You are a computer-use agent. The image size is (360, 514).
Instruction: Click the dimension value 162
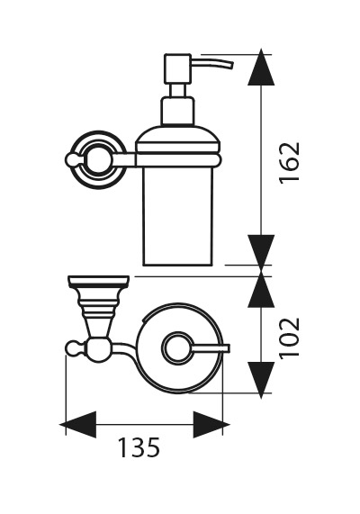[290, 163]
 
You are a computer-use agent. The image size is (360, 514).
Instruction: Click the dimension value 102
[290, 338]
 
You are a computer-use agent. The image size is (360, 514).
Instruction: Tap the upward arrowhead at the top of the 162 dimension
[261, 68]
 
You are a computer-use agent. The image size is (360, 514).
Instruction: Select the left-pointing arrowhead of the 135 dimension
[78, 425]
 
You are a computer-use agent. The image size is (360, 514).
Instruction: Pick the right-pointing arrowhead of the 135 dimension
[211, 425]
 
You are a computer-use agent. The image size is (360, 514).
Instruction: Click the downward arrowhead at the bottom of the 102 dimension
[261, 380]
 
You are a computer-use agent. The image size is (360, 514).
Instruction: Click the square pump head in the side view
[177, 68]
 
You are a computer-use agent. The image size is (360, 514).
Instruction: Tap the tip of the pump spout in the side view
[231, 65]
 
